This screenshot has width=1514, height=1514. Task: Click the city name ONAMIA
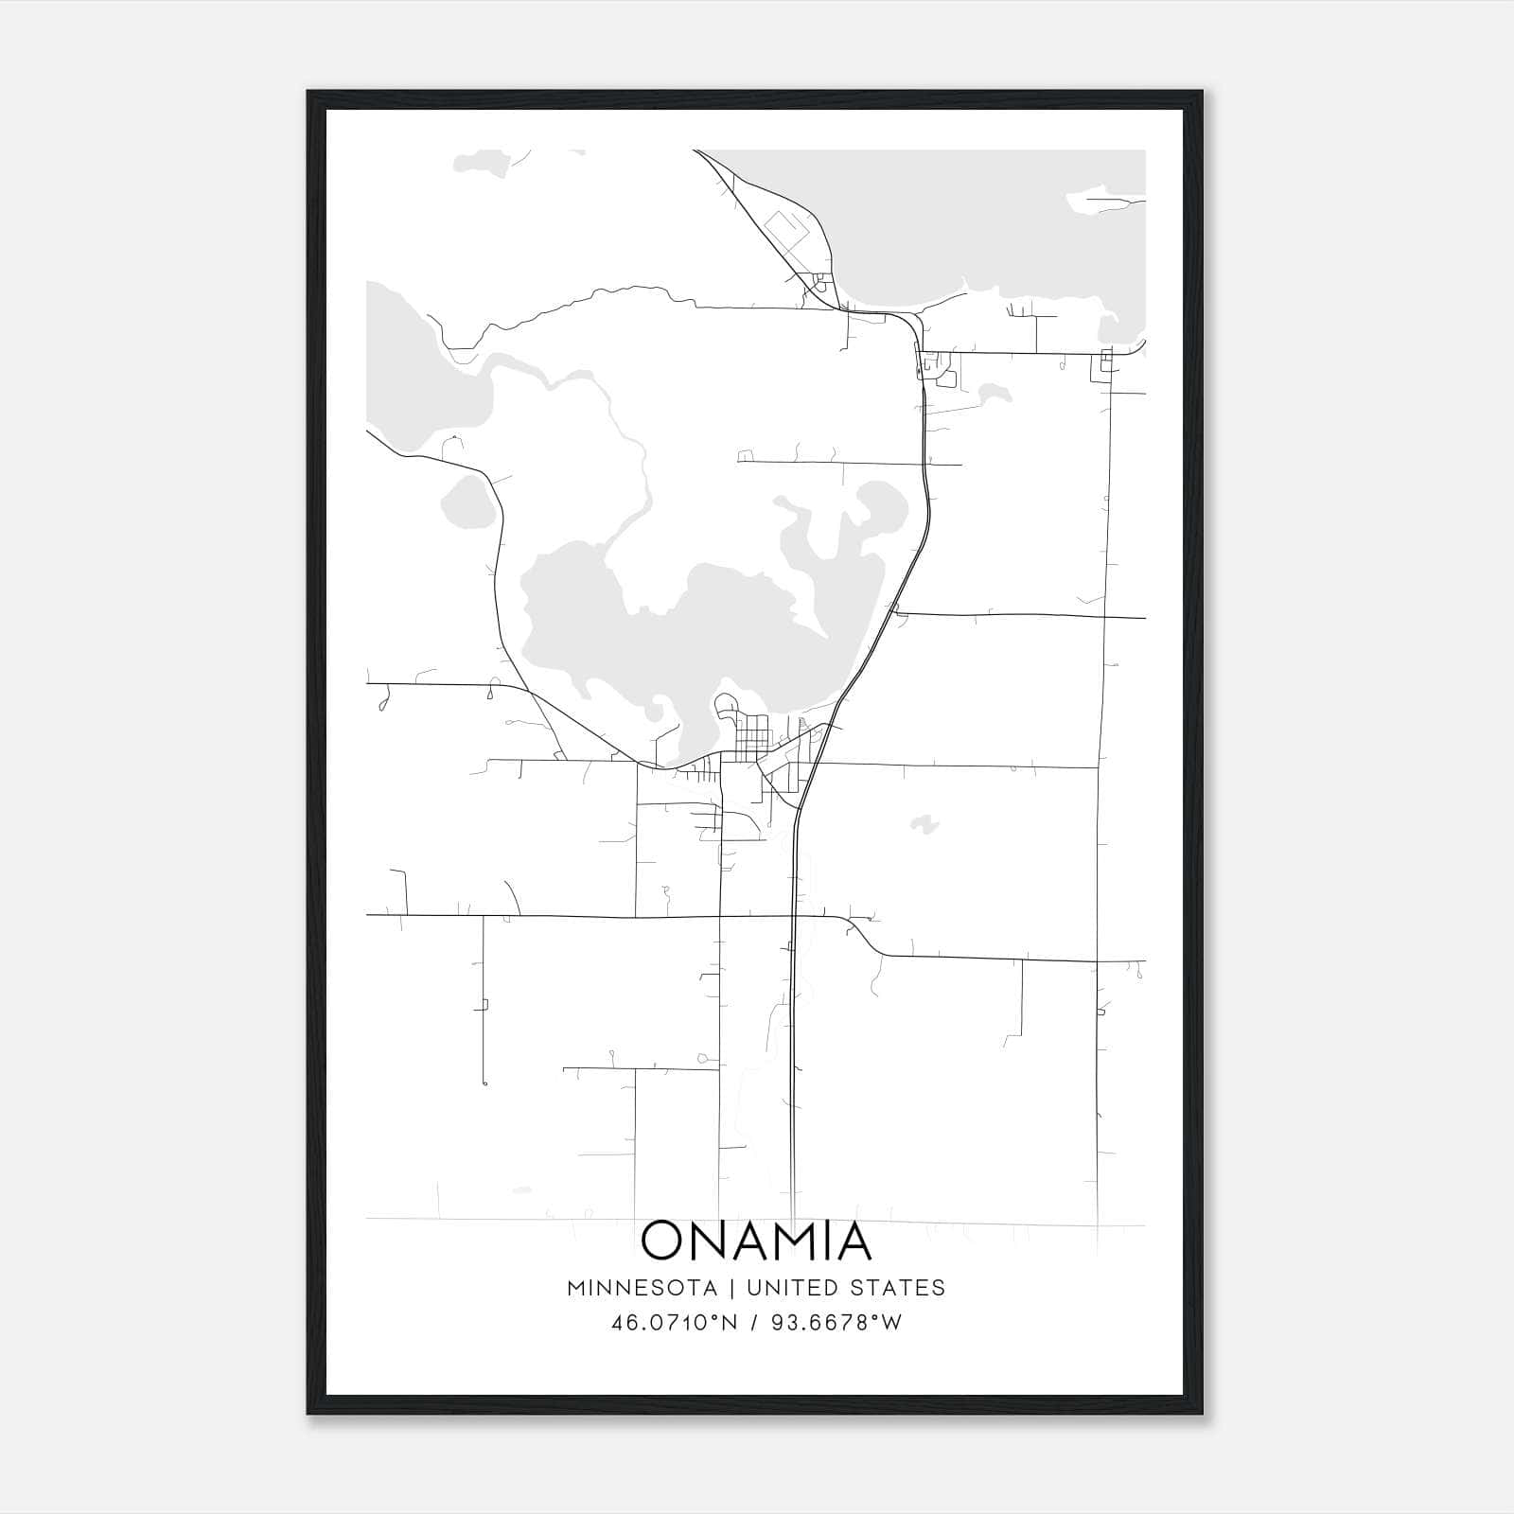coord(755,1241)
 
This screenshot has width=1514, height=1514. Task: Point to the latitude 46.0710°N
coord(674,1323)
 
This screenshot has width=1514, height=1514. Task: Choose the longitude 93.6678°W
coord(836,1323)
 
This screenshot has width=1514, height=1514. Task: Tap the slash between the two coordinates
coord(754,1323)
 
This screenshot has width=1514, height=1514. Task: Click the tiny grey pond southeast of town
coord(924,824)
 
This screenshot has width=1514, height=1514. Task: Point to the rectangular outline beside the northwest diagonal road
coord(785,229)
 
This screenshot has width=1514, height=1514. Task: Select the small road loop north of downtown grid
coord(726,705)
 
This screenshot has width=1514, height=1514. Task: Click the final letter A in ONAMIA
coord(850,1241)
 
